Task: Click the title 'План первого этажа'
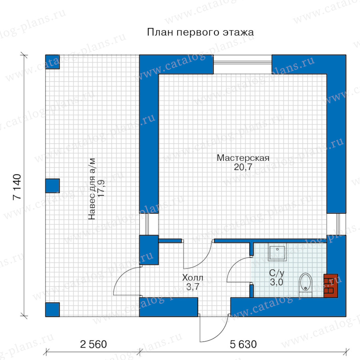tap(200, 32)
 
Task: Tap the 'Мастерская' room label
tap(243, 158)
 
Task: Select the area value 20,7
tap(243, 167)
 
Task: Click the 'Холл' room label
tap(193, 278)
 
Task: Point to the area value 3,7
tap(193, 287)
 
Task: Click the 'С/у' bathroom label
tap(277, 273)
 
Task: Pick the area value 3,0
tap(276, 282)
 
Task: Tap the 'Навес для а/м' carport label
tap(92, 189)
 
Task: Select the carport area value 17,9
tap(101, 188)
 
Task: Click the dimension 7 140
tap(17, 187)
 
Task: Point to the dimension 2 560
tap(94, 344)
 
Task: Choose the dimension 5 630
tap(243, 344)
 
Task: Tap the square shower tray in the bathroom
tap(277, 252)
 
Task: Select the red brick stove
tap(331, 286)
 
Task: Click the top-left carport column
tap(52, 62)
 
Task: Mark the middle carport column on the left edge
tap(52, 186)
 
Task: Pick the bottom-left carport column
tap(52, 310)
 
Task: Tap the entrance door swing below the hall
tap(214, 328)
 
